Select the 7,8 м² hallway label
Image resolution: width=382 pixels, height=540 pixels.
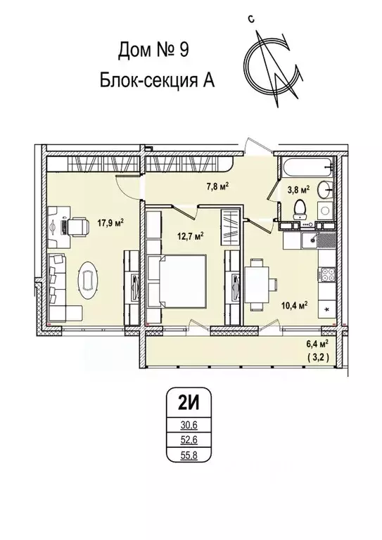pyautogui.click(x=218, y=186)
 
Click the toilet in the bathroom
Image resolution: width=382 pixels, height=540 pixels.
pyautogui.click(x=298, y=207)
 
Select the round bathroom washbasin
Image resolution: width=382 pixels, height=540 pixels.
pyautogui.click(x=325, y=190)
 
